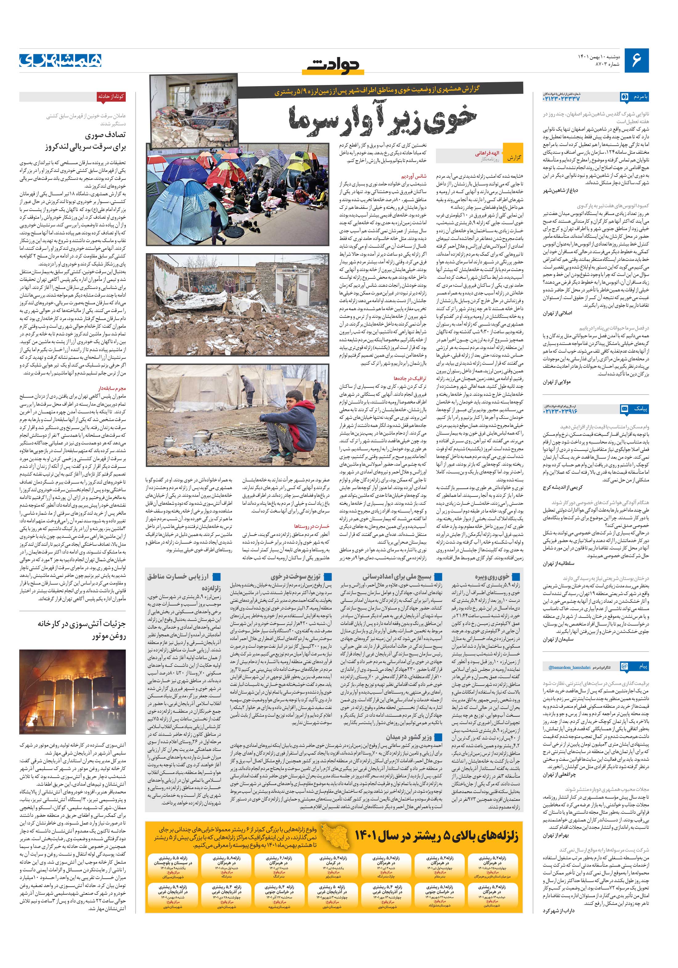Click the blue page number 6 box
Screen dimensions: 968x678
click(637, 61)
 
